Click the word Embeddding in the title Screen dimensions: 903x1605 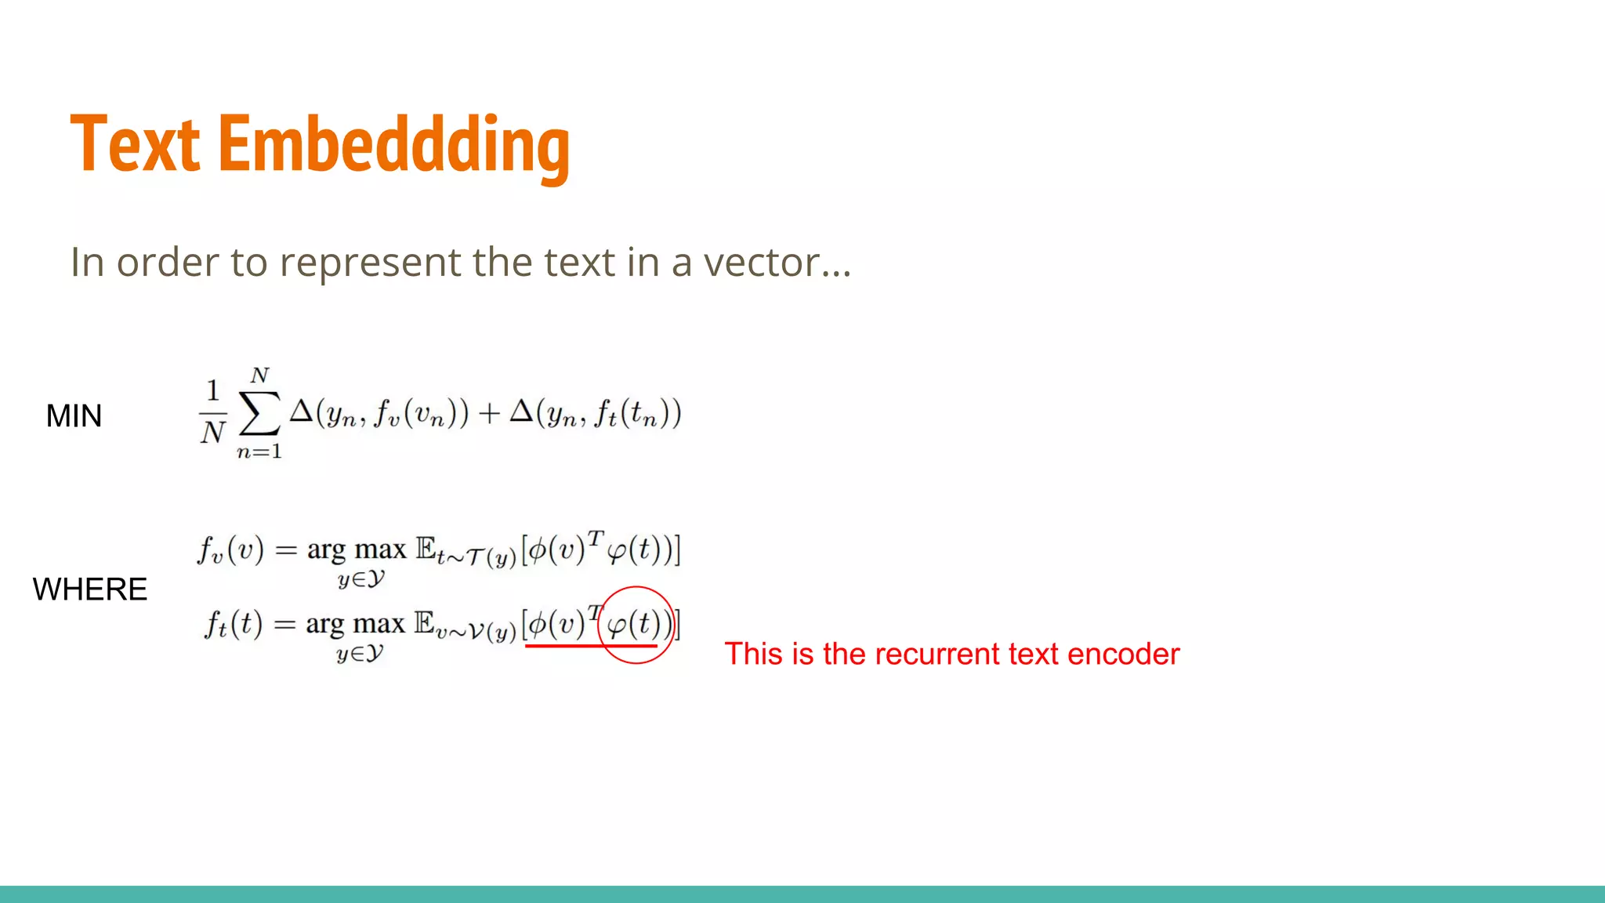[393, 147]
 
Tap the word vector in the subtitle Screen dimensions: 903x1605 [761, 263]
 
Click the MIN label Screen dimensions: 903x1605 [74, 416]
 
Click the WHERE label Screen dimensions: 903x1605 [90, 589]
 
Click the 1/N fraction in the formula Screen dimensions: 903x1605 [212, 412]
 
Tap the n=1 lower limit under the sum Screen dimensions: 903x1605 [259, 451]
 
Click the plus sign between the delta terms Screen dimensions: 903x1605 [489, 413]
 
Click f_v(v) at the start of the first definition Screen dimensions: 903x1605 [230, 549]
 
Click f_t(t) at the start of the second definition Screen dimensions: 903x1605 [233, 625]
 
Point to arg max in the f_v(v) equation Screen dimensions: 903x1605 [357, 549]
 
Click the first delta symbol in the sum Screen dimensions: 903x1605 [302, 411]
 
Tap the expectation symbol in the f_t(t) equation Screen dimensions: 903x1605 [425, 623]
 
